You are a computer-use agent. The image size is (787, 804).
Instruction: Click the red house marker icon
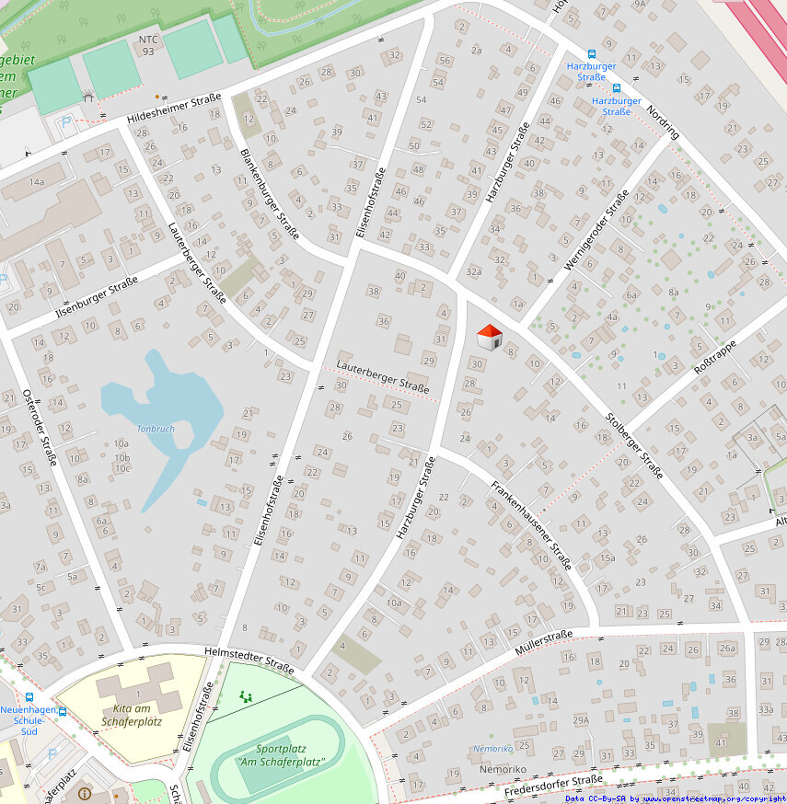pyautogui.click(x=490, y=337)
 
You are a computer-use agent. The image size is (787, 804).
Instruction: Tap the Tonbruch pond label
pyautogui.click(x=155, y=429)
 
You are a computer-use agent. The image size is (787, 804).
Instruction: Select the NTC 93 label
pyautogui.click(x=147, y=45)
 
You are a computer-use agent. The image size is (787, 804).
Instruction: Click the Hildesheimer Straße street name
pyautogui.click(x=174, y=109)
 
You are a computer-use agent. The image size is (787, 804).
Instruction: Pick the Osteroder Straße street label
pyautogui.click(x=41, y=427)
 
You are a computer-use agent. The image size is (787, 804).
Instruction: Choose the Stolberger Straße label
pyautogui.click(x=634, y=446)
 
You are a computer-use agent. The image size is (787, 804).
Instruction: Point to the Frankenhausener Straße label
pyautogui.click(x=531, y=524)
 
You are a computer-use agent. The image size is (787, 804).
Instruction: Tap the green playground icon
pyautogui.click(x=245, y=697)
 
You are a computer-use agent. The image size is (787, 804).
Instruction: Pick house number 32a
pyautogui.click(x=474, y=271)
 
